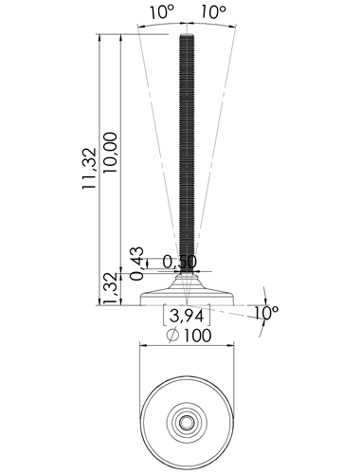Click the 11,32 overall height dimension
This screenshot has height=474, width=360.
89,168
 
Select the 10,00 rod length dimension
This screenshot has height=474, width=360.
110,153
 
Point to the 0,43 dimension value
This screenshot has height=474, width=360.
136,264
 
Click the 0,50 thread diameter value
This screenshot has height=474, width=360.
180,262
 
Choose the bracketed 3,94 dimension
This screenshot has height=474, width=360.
187,316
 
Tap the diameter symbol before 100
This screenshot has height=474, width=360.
173,336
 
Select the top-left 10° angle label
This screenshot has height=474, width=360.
162,12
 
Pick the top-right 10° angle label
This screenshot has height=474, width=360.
213,12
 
